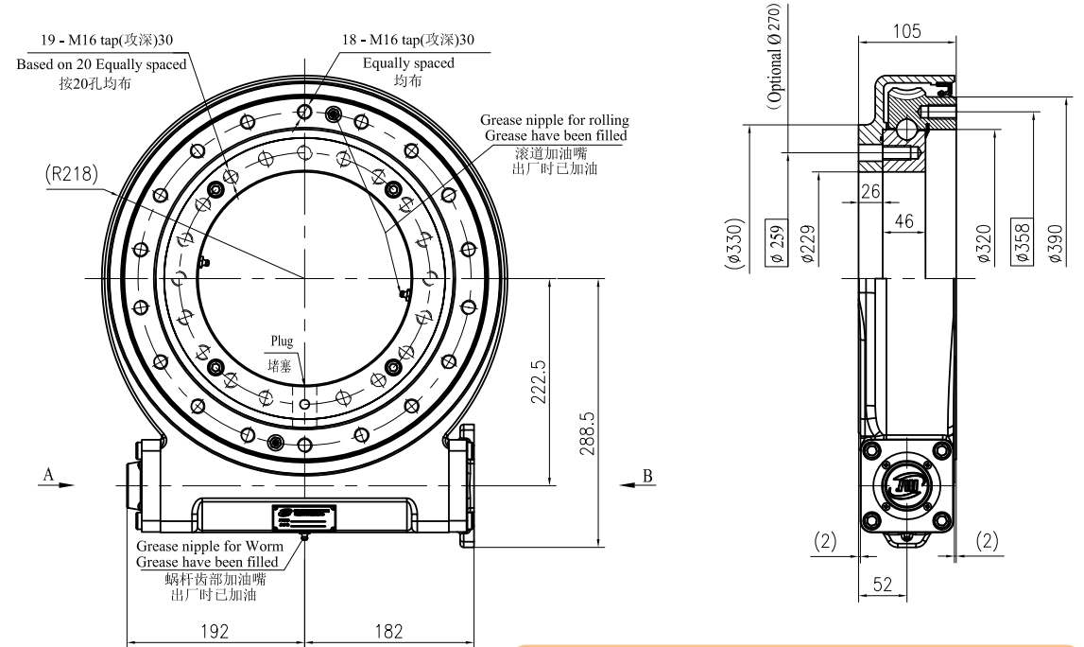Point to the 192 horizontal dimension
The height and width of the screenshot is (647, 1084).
pyautogui.click(x=216, y=631)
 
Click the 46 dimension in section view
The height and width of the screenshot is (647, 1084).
pyautogui.click(x=903, y=221)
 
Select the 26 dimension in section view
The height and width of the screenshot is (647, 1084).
pyautogui.click(x=870, y=191)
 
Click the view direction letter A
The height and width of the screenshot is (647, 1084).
pyautogui.click(x=45, y=474)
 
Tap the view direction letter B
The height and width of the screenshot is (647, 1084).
pyautogui.click(x=647, y=474)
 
